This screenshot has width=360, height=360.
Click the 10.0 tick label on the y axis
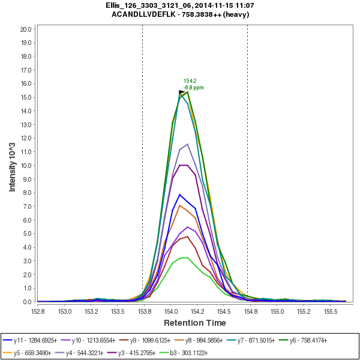(25, 165)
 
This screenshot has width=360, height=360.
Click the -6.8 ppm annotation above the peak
(194, 88)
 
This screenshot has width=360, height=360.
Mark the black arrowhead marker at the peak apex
(182, 92)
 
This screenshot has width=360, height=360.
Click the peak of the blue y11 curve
(179, 194)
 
